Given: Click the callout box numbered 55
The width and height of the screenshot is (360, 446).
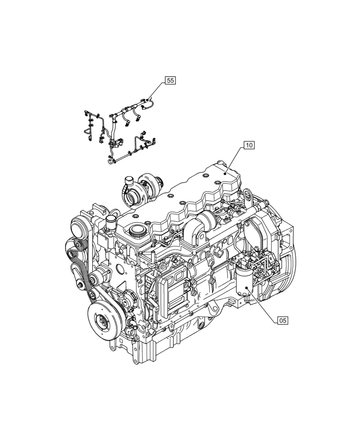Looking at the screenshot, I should (171, 80).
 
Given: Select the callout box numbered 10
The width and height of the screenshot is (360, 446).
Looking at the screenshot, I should (249, 145).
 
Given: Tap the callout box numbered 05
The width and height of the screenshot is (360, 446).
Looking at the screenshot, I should (282, 320).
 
